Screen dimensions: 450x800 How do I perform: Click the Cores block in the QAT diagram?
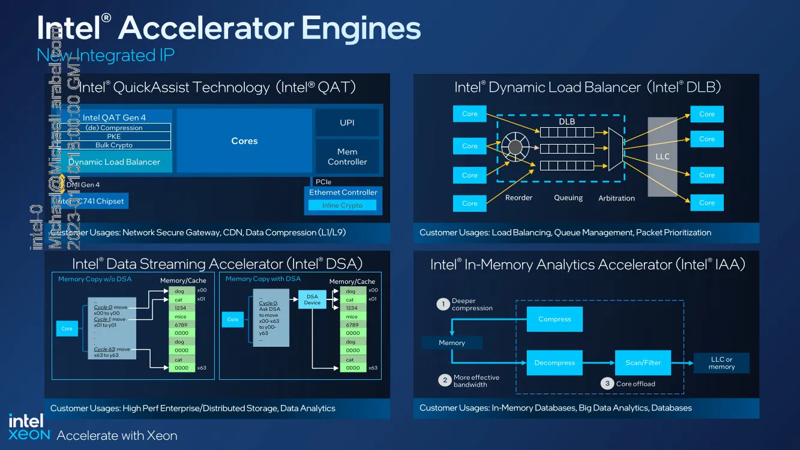tap(244, 141)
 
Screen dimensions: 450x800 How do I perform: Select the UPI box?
tap(347, 122)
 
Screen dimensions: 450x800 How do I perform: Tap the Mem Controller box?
tap(347, 157)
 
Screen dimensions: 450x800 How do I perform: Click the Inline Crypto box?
tap(342, 205)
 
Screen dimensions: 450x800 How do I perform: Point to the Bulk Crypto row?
tap(114, 145)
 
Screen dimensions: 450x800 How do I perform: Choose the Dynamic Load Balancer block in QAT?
tap(114, 161)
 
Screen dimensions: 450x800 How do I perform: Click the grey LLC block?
tap(662, 157)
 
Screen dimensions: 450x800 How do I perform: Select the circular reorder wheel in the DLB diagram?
tap(514, 146)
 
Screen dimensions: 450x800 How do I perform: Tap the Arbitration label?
tap(616, 198)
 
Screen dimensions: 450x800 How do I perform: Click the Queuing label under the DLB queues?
tap(568, 197)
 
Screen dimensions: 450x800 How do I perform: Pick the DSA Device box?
tap(312, 299)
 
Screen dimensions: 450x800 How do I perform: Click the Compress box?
tap(555, 319)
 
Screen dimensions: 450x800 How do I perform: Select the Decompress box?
tap(555, 363)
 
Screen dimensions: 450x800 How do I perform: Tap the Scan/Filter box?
tap(643, 363)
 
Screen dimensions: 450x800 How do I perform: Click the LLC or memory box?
tap(721, 363)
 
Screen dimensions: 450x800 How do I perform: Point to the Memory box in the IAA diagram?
tap(452, 343)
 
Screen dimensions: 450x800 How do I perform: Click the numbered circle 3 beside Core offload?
tap(607, 383)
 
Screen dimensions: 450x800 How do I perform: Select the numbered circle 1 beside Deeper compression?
tap(444, 304)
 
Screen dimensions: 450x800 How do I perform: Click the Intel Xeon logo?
tap(29, 427)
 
